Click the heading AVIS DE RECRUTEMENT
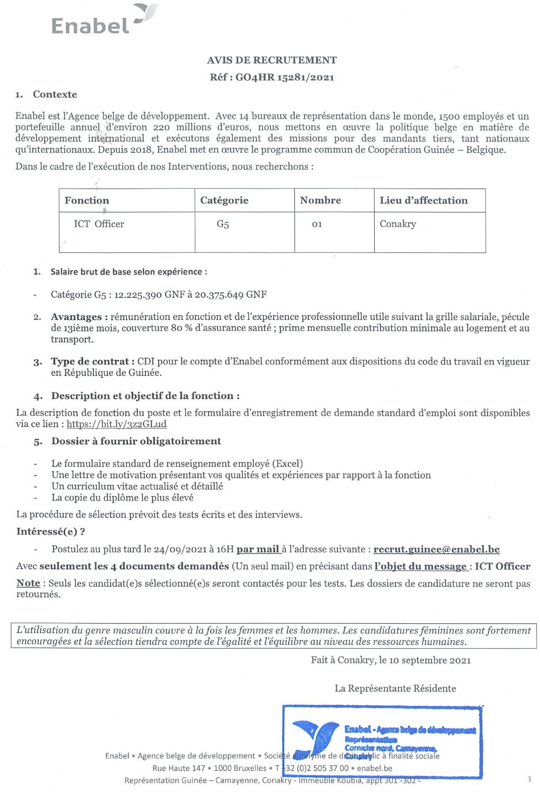click(x=272, y=60)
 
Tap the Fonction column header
click(x=87, y=201)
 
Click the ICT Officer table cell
click(x=99, y=224)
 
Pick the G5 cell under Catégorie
click(x=222, y=224)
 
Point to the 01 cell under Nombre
click(x=317, y=224)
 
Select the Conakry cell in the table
click(x=397, y=224)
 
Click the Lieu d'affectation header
click(x=423, y=201)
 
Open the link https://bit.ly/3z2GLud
click(x=117, y=424)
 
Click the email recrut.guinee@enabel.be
click(x=436, y=550)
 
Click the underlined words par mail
click(x=258, y=550)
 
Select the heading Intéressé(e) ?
click(x=51, y=532)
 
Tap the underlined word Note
click(x=28, y=583)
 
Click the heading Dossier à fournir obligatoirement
click(x=136, y=442)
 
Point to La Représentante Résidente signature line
click(x=395, y=689)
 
